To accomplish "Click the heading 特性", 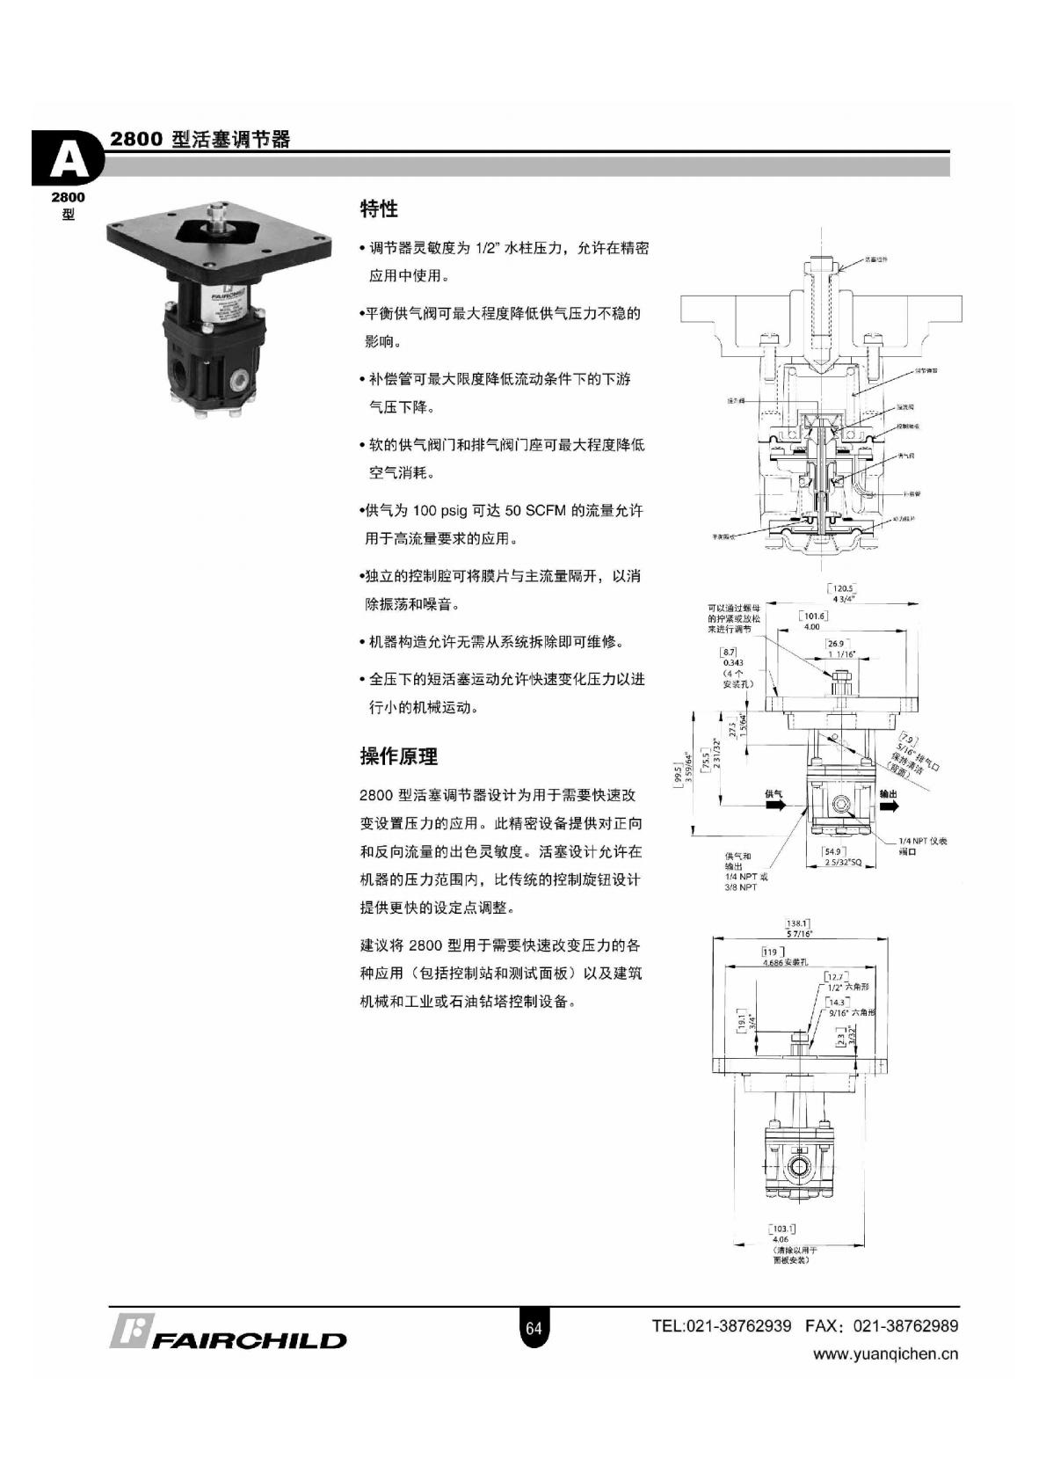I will pyautogui.click(x=379, y=209).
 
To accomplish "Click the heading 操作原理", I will pyautogui.click(x=398, y=756).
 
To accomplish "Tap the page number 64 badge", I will pyautogui.click(x=534, y=1328).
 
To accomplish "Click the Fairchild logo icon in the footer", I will pyautogui.click(x=132, y=1331).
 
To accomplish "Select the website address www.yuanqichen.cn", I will pyautogui.click(x=885, y=1354).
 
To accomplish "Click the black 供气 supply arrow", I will pyautogui.click(x=774, y=806).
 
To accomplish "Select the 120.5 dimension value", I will pyautogui.click(x=842, y=589).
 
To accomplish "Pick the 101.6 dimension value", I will pyautogui.click(x=813, y=616).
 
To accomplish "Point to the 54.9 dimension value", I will pyautogui.click(x=833, y=851).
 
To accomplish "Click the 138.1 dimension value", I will pyautogui.click(x=798, y=923).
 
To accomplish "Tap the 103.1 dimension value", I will pyautogui.click(x=782, y=1229).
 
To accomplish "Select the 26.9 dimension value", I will pyautogui.click(x=836, y=644).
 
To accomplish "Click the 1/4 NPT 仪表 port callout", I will pyautogui.click(x=922, y=842).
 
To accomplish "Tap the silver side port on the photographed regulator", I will pyautogui.click(x=237, y=381).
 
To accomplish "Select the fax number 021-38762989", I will pyautogui.click(x=905, y=1325).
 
